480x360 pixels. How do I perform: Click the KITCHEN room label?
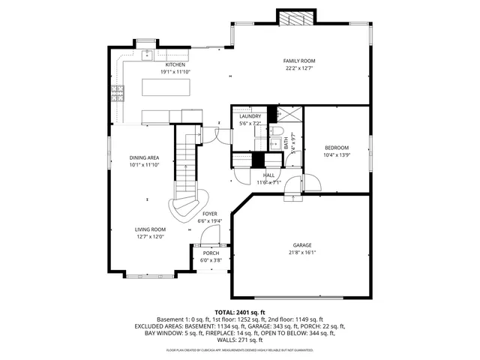tap(175, 65)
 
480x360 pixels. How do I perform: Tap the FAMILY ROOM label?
tap(298, 61)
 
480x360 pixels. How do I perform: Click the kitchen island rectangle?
tap(169, 88)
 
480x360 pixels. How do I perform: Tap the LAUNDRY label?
tap(250, 116)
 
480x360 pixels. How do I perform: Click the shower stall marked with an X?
tap(287, 115)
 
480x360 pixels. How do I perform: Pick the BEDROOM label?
tap(337, 147)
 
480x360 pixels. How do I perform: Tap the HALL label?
tap(268, 175)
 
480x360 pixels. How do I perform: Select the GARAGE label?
tap(302, 245)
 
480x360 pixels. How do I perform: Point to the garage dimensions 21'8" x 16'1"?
tap(302, 253)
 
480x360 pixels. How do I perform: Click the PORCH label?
tap(211, 253)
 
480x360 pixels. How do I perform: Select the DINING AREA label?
tap(144, 157)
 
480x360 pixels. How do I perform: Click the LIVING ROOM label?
tap(149, 229)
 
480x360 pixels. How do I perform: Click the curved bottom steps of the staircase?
tap(188, 206)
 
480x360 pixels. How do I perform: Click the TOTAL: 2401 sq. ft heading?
tap(239, 312)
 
